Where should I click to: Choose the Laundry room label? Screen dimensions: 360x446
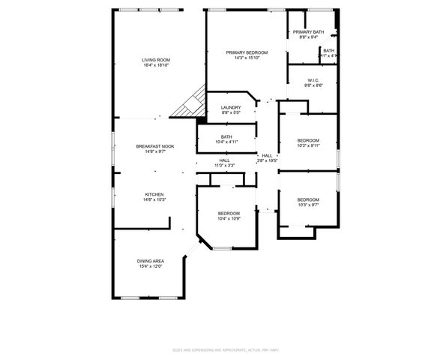(230, 108)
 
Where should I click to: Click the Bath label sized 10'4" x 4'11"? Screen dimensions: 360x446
(226, 136)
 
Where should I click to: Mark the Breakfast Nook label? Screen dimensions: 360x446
(154, 146)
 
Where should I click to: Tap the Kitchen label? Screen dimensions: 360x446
(154, 194)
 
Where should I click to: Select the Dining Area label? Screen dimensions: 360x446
(150, 261)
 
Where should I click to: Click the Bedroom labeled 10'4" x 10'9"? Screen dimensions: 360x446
(229, 213)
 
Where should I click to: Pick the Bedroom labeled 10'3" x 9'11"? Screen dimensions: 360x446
(308, 140)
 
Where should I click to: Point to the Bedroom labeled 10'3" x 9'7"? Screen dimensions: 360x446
(308, 199)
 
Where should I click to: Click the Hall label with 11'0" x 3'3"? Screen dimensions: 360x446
(224, 160)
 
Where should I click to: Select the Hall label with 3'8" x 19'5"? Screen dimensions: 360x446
(267, 155)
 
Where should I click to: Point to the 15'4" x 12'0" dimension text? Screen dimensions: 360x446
(150, 266)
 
